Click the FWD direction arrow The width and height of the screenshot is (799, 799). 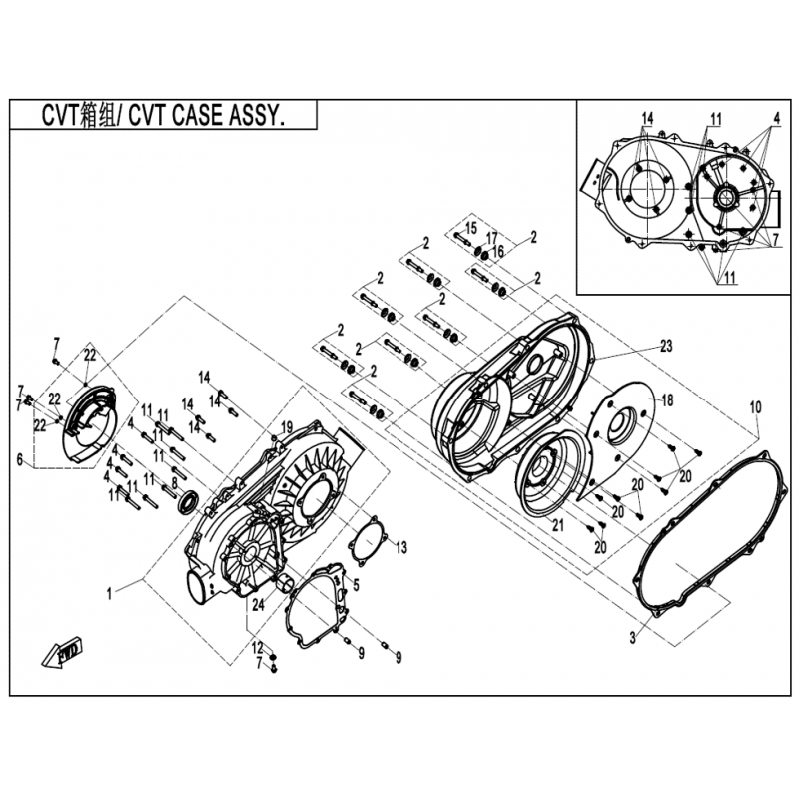tap(63, 653)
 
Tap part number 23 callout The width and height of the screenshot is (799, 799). tap(666, 346)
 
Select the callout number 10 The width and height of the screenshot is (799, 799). tap(755, 407)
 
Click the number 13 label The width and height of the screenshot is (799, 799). tap(401, 547)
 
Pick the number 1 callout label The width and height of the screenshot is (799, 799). tap(109, 594)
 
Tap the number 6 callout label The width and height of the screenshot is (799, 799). tap(20, 460)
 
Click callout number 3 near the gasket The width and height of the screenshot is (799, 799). tap(633, 638)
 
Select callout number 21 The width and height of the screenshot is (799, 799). tap(558, 525)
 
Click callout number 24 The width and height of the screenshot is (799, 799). tap(259, 605)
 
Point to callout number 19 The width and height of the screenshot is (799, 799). tap(287, 427)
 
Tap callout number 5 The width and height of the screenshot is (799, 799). tap(356, 585)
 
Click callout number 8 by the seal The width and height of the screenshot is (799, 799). tap(174, 484)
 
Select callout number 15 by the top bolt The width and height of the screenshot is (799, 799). tap(471, 228)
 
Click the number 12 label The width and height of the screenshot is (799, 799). tap(258, 648)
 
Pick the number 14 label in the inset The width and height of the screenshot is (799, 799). tap(647, 118)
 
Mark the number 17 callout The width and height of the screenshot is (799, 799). tap(491, 238)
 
